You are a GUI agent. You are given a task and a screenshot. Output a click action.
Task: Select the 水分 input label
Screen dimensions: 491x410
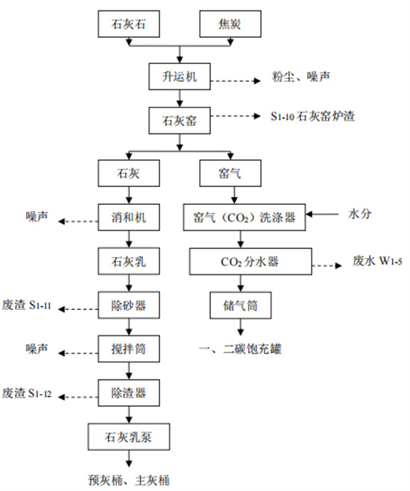[360, 215]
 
